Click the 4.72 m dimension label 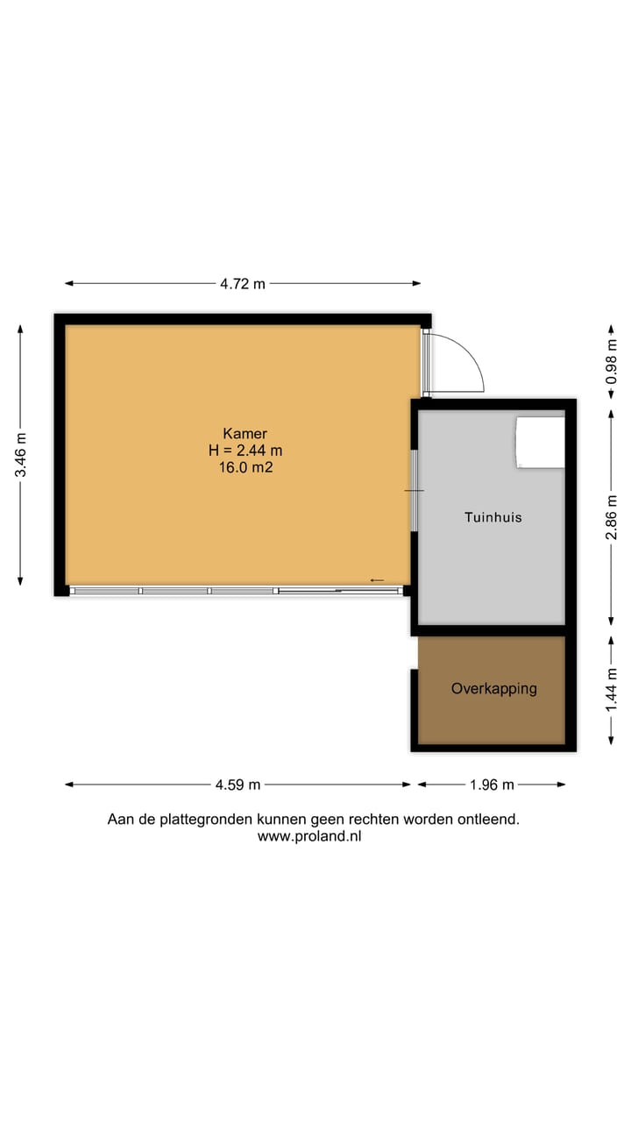click(x=243, y=283)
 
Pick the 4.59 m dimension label click(x=238, y=785)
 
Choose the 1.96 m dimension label click(x=492, y=785)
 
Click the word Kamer click(x=245, y=433)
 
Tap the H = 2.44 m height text click(x=245, y=451)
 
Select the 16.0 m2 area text click(x=245, y=468)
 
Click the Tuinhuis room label click(x=493, y=517)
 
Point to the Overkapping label click(x=493, y=689)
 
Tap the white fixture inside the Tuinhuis click(x=540, y=442)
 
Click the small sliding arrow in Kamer click(x=377, y=580)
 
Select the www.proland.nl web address click(x=309, y=836)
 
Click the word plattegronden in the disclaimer click(x=209, y=820)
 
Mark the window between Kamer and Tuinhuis click(x=415, y=491)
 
